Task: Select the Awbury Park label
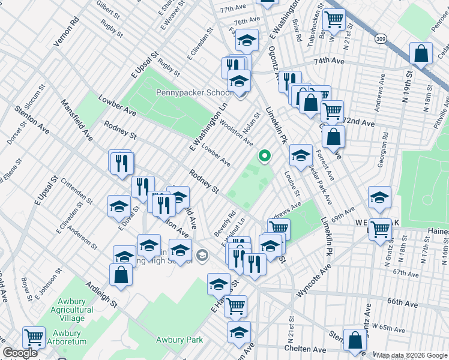(x=179, y=340)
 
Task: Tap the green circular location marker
(x=264, y=156)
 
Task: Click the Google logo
(x=20, y=353)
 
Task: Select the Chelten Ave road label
(x=306, y=349)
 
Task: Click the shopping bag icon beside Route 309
(x=421, y=54)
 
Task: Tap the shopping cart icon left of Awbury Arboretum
(x=34, y=337)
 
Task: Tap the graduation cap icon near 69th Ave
(x=379, y=198)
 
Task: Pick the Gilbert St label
(x=106, y=9)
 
